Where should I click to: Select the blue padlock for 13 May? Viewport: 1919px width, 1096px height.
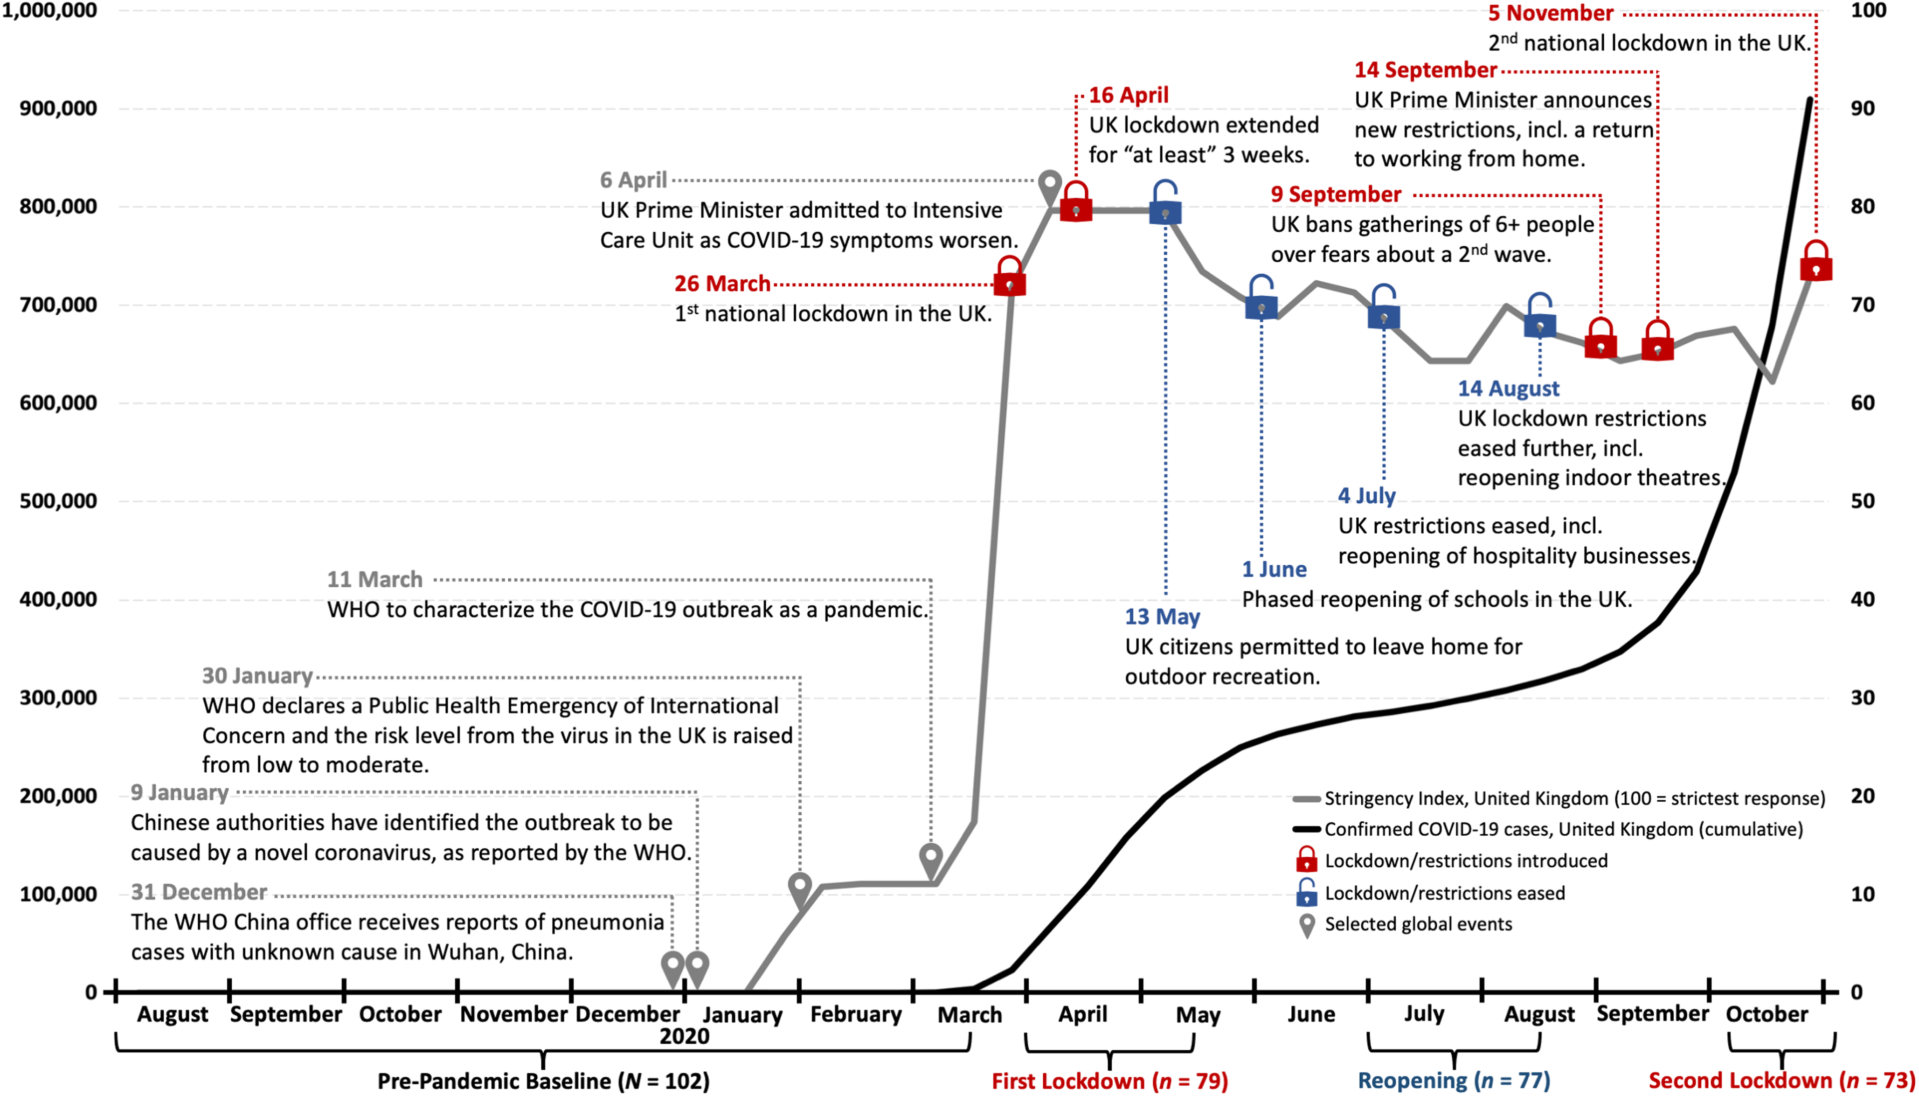1165,205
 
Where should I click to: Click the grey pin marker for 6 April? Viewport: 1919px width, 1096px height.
1050,187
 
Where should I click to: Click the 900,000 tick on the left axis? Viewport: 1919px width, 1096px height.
58,108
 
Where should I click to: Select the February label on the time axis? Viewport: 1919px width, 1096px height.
856,1015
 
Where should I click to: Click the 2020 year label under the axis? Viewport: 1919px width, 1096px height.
684,1036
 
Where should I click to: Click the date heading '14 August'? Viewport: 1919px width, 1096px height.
1508,388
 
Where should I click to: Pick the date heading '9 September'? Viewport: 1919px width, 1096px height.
1336,194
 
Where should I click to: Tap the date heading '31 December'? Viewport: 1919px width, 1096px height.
199,892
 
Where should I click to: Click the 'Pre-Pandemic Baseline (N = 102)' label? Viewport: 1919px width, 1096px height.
542,1081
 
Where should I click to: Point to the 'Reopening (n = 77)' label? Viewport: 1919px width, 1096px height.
1453,1081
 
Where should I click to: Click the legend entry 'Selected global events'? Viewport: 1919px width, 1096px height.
1418,924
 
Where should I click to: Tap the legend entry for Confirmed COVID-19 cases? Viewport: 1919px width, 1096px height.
1563,830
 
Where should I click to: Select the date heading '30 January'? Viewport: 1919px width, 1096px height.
256,676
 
